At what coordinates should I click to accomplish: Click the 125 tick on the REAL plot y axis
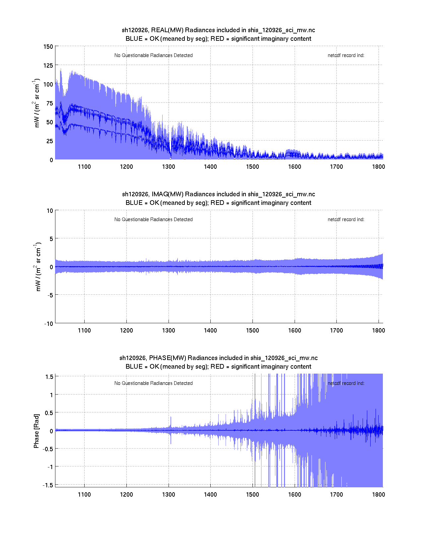tap(48, 65)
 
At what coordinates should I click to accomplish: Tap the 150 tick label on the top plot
tap(48, 46)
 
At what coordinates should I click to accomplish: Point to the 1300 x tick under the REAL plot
tap(169, 167)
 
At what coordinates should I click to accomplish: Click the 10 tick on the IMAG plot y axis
tap(50, 211)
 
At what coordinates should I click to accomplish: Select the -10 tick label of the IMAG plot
tap(48, 324)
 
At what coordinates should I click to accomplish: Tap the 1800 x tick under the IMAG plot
tap(379, 331)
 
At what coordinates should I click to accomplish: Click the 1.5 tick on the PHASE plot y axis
tap(49, 377)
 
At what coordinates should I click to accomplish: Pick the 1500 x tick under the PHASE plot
tap(252, 495)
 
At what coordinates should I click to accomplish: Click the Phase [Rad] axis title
tap(36, 431)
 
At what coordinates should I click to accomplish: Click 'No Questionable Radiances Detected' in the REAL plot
tap(153, 55)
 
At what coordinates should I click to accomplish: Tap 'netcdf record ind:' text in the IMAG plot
tap(346, 219)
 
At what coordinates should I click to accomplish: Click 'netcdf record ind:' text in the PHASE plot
tap(346, 383)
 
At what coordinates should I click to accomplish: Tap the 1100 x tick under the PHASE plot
tap(84, 495)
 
